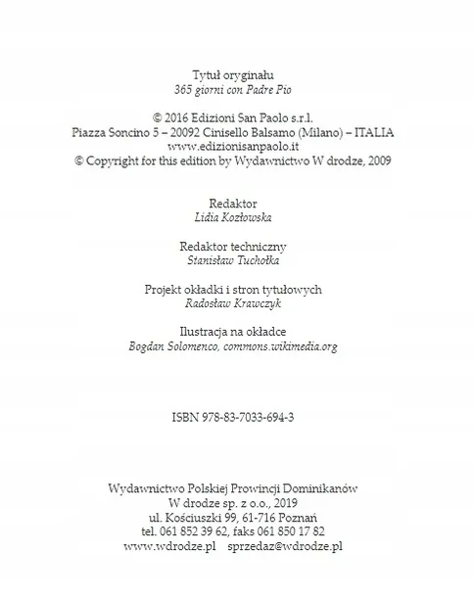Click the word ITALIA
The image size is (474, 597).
[375, 131]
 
